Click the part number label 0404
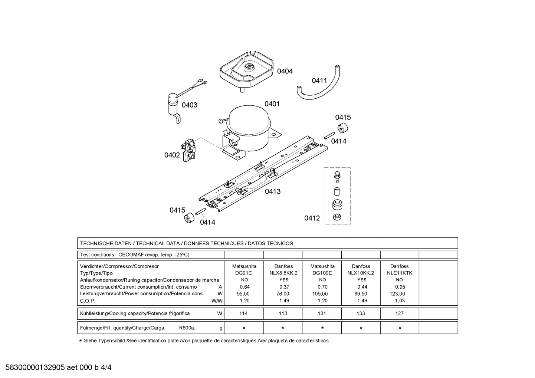pos(285,71)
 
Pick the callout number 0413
pos(273,191)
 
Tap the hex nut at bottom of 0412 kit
pos(337,217)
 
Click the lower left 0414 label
pos(207,222)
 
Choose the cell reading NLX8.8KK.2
pos(283,273)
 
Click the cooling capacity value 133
pos(361,313)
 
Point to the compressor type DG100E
pos(322,273)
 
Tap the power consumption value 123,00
pos(399,294)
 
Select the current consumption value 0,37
pos(283,287)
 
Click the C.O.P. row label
pos(88,301)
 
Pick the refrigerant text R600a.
pos(187,328)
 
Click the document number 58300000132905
pos(35,368)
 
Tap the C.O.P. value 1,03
pos(400,301)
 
